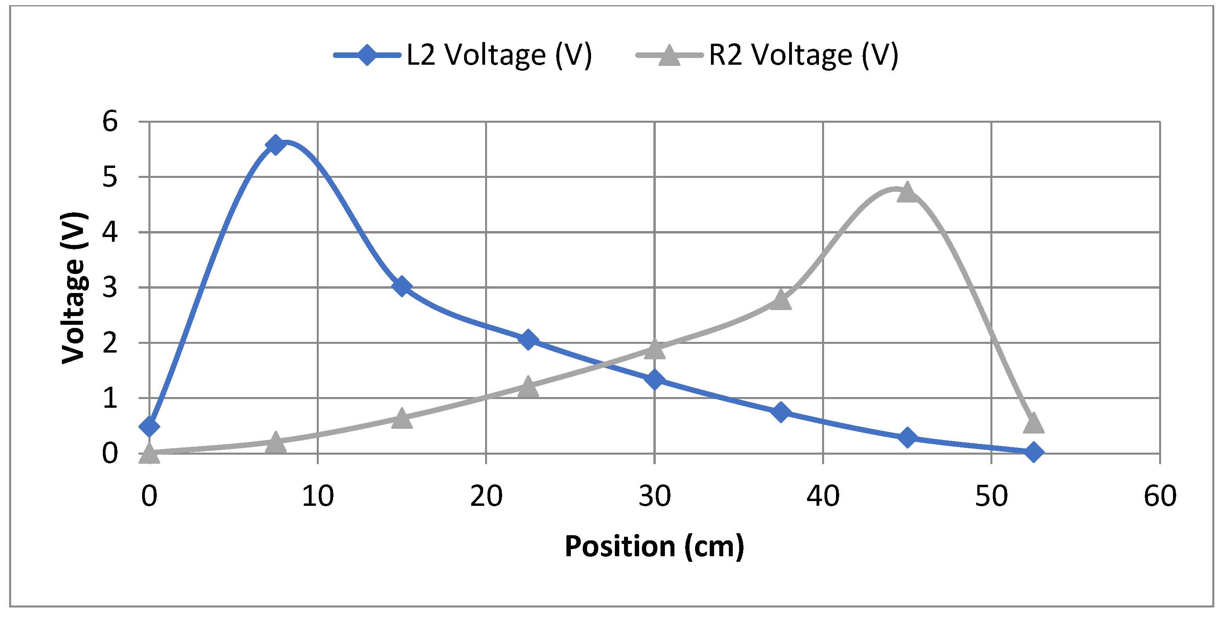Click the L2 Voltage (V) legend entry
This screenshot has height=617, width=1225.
tap(464, 55)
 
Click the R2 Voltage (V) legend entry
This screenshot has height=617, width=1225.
tap(767, 55)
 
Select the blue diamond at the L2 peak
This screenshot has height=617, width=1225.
tap(275, 145)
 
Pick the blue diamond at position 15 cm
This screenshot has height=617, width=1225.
tap(402, 286)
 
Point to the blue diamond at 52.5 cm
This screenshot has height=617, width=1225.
tap(1033, 452)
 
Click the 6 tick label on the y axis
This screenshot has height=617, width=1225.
tap(110, 122)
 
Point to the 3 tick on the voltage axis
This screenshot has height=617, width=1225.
tap(110, 287)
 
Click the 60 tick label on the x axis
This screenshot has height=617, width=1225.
tap(1160, 496)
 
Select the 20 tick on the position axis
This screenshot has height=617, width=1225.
tap(486, 496)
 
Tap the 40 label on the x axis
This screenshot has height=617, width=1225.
tap(823, 496)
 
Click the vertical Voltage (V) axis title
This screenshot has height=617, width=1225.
tap(74, 287)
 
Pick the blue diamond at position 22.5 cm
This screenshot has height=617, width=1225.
tap(528, 339)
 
